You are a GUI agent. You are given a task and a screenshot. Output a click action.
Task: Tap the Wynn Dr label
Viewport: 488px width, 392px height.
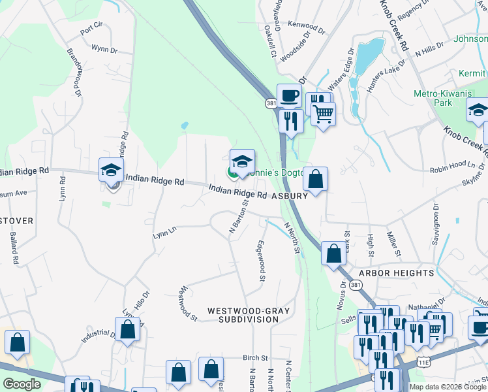click(x=104, y=49)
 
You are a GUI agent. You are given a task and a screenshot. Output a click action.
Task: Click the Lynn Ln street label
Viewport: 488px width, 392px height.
click(x=164, y=232)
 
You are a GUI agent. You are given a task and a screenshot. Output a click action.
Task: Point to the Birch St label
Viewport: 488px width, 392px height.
click(x=256, y=358)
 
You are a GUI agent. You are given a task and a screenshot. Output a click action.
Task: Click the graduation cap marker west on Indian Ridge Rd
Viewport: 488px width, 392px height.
click(x=111, y=171)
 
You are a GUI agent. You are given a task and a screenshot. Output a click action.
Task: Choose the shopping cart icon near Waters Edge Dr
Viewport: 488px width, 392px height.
click(x=323, y=114)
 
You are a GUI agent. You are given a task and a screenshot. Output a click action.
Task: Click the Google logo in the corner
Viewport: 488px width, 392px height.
click(x=22, y=384)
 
